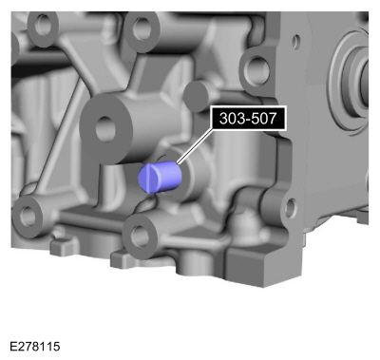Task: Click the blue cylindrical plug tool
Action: [x=160, y=177]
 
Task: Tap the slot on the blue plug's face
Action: [x=150, y=179]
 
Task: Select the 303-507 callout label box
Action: [x=248, y=119]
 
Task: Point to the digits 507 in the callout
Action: [x=264, y=119]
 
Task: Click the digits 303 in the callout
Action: [x=232, y=119]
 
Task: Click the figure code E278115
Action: [x=35, y=347]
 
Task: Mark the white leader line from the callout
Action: [x=194, y=146]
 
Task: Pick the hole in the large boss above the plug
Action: [x=105, y=129]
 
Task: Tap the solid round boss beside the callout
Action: [x=197, y=96]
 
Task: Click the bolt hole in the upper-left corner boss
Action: [x=42, y=25]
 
